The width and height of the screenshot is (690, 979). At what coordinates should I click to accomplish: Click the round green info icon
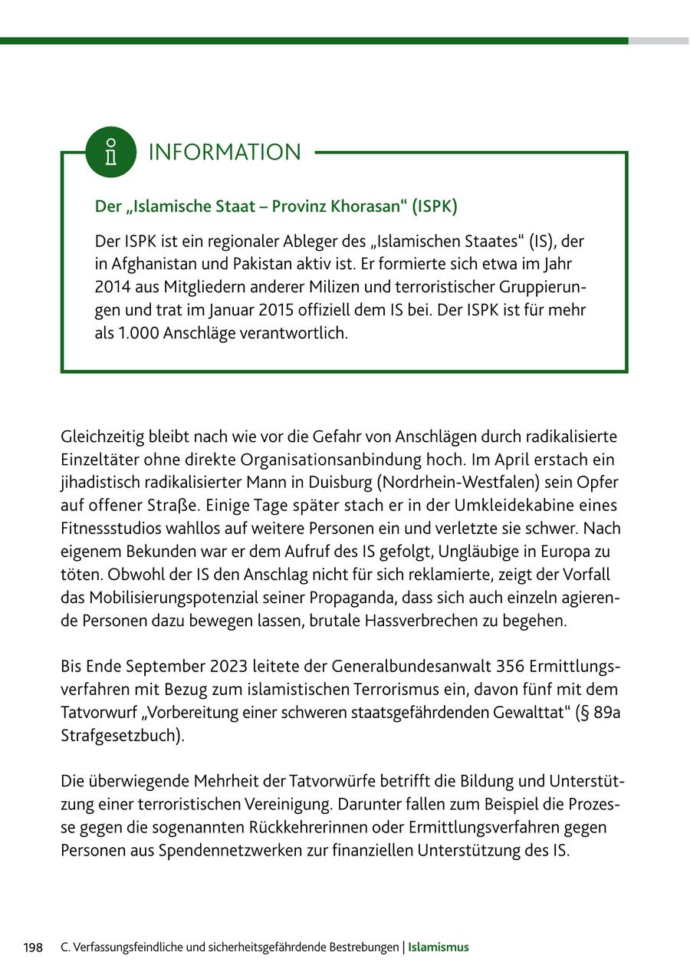point(111,152)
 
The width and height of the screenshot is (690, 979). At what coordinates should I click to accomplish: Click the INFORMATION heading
point(225,152)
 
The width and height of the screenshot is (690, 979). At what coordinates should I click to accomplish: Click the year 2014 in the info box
point(113,288)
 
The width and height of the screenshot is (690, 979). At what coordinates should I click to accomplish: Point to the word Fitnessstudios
point(113,529)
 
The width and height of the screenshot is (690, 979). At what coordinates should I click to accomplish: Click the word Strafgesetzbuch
point(120,736)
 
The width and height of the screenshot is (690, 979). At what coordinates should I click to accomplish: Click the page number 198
point(33,948)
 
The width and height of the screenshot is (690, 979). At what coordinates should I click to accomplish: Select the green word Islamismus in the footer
point(438,948)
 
